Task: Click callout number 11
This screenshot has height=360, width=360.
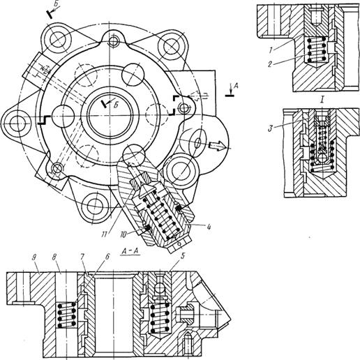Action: (x=104, y=234)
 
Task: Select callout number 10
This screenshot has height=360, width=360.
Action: (x=123, y=234)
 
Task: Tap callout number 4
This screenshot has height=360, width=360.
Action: (x=209, y=226)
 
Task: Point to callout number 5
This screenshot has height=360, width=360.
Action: (x=183, y=256)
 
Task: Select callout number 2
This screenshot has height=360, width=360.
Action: (x=270, y=64)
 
